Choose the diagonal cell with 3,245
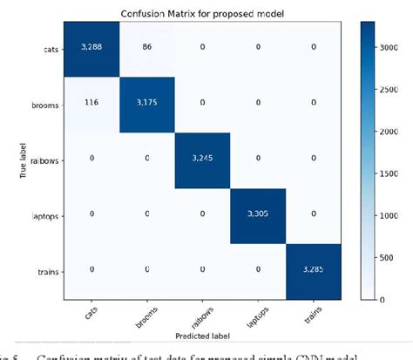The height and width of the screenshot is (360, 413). (204, 158)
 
